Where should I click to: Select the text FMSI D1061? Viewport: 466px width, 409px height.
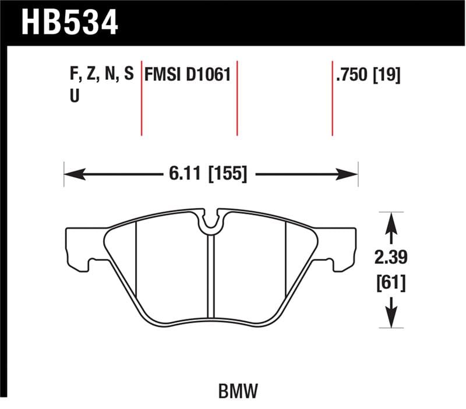pos(188,75)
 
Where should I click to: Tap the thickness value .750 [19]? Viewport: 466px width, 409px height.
pos(367,75)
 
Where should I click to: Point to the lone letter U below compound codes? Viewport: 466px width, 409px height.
pos(74,97)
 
